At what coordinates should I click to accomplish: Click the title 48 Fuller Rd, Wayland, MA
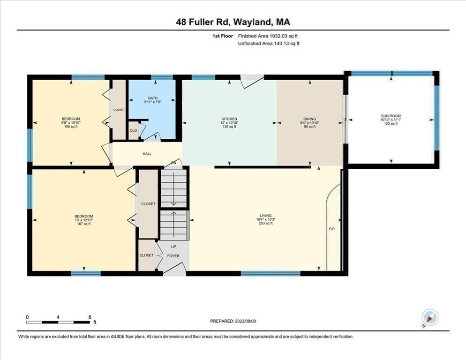233,22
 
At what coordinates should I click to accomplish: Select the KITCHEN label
229,119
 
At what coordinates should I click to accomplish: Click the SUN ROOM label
391,116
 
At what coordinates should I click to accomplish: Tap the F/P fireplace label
331,229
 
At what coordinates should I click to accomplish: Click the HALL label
147,154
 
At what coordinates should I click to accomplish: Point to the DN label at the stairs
173,163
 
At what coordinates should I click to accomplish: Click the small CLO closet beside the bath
133,130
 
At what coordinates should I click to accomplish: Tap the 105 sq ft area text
71,127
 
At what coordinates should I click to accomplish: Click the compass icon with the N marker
429,317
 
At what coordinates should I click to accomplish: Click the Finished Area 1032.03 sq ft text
268,36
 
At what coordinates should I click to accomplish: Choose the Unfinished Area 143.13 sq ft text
269,44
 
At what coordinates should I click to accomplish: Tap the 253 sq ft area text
265,224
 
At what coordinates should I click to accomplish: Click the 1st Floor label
223,36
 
